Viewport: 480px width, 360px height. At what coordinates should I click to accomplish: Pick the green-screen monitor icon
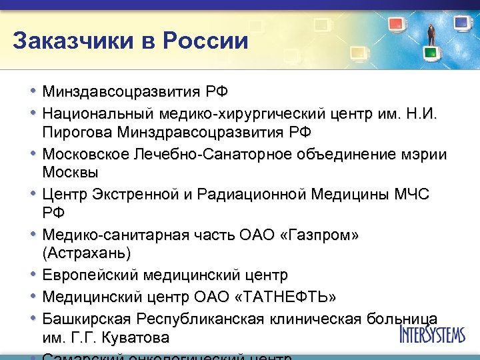[x=431, y=51]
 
